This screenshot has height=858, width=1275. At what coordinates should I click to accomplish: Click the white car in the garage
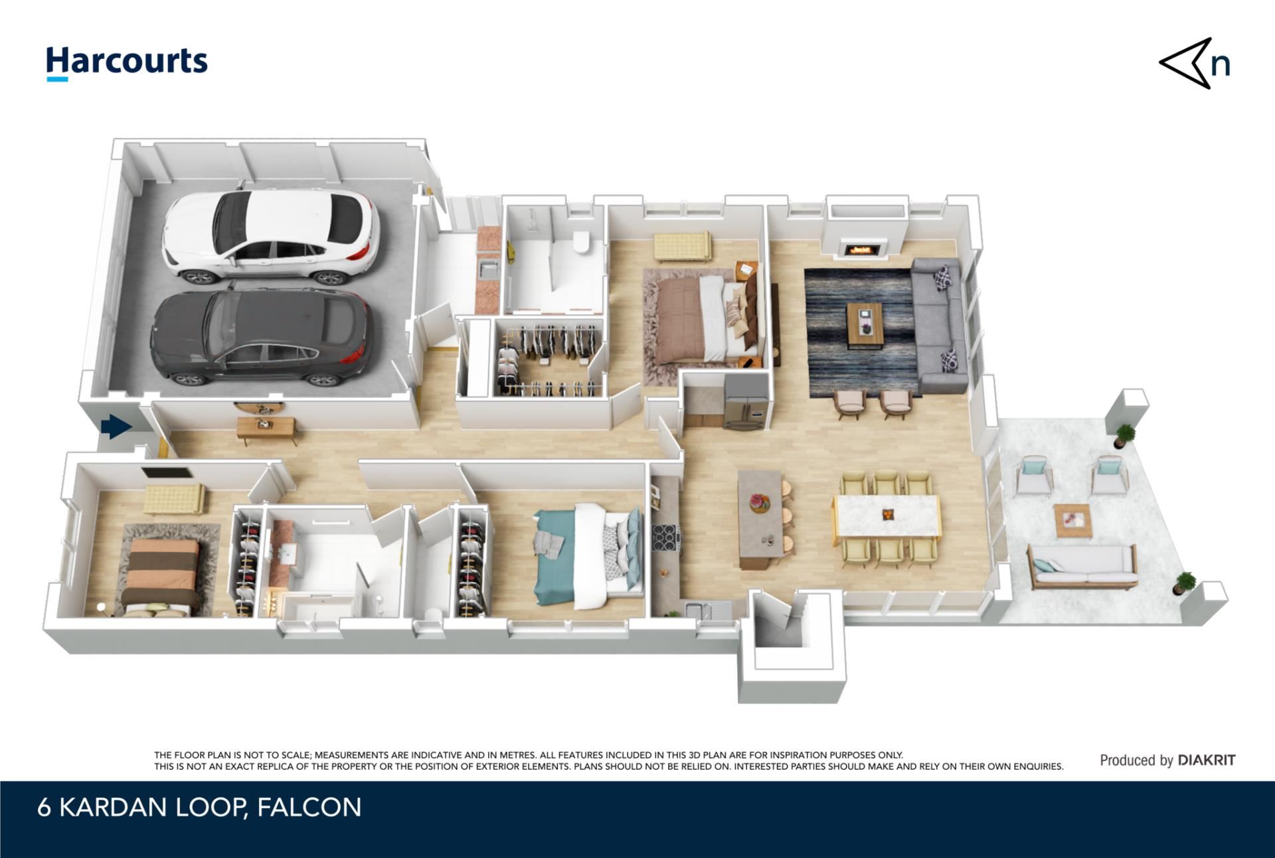click(271, 237)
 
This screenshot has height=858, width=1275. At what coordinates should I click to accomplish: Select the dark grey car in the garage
click(262, 338)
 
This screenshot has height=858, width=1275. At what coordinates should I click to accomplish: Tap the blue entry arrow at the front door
click(117, 427)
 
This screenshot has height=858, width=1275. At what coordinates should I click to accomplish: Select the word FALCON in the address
click(309, 808)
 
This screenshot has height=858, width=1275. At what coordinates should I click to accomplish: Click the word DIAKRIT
click(1207, 760)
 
